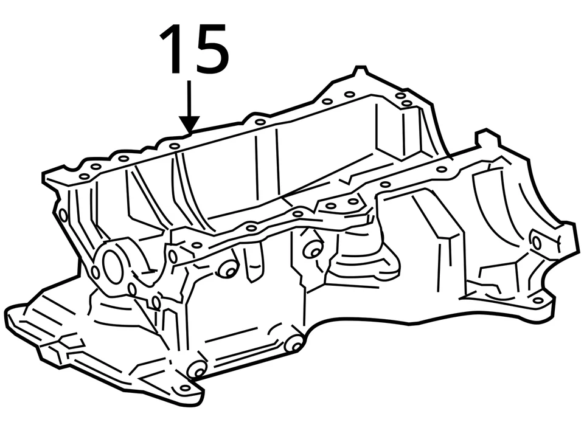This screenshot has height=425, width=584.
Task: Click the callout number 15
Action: pos(194,50)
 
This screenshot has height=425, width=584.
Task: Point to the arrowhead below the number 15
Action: pos(190,124)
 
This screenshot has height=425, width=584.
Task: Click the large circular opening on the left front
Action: pos(113,266)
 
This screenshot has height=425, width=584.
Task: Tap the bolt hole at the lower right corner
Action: pos(537,300)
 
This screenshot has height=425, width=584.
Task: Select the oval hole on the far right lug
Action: pos(537,242)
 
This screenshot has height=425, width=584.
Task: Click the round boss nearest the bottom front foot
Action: pos(197,368)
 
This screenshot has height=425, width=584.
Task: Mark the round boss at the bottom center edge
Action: pos(294,344)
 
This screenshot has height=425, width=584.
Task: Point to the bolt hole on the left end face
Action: pos(63,215)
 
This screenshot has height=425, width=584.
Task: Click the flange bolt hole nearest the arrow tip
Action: pos(175,146)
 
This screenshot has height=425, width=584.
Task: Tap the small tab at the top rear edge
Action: pos(360,71)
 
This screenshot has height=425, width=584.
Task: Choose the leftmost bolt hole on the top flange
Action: pos(83,176)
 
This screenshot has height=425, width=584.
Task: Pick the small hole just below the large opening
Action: pos(133,289)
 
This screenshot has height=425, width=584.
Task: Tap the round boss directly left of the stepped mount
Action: pos(313,249)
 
